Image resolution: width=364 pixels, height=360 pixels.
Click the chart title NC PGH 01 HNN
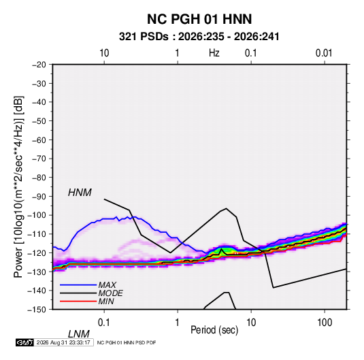tap(199, 19)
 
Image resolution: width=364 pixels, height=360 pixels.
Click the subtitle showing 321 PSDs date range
tap(199, 37)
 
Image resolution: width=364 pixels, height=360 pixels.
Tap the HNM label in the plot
tap(80, 193)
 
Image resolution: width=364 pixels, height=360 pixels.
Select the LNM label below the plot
tap(78, 334)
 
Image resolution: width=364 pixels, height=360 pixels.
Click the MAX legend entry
tap(107, 284)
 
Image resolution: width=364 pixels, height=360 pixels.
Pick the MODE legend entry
tap(110, 293)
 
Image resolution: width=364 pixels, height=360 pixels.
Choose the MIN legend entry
tap(106, 301)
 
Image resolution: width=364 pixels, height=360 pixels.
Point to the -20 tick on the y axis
tap(39, 65)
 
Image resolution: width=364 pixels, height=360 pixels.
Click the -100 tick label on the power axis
tap(37, 215)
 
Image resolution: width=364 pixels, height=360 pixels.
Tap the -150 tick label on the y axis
tap(37, 310)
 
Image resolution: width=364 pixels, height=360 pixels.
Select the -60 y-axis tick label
tap(39, 140)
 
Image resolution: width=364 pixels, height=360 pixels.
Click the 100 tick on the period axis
tap(325, 322)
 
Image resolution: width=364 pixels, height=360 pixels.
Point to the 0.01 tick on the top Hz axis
tap(324, 53)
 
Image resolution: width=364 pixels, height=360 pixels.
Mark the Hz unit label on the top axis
tap(214, 53)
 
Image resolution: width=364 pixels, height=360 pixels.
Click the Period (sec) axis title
tap(214, 330)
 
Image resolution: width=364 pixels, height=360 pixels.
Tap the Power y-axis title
tap(18, 186)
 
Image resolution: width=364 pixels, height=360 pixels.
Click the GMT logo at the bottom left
tap(24, 342)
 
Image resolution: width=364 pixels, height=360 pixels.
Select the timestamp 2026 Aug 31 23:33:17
tap(63, 342)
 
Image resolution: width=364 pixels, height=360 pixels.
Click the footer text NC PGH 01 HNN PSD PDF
tap(127, 342)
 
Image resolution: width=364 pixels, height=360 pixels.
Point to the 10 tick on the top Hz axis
tap(104, 53)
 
